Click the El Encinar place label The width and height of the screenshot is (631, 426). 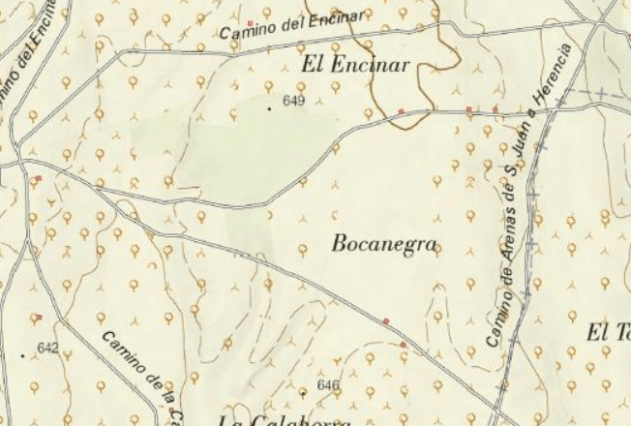[x=357, y=66]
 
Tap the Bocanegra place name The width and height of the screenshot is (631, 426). [x=384, y=244]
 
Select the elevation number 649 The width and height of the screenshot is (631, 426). [x=294, y=101]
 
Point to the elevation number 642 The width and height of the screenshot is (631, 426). [x=47, y=348]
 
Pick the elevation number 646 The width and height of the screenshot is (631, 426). [x=328, y=385]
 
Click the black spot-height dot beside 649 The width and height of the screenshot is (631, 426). [x=269, y=108]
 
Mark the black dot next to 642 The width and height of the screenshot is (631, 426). [x=23, y=355]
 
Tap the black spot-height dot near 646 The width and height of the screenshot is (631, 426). [x=303, y=393]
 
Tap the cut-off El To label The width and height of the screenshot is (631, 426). [x=609, y=332]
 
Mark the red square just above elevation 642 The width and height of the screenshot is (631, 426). [x=39, y=317]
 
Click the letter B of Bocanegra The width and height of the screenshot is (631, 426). [x=339, y=243]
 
